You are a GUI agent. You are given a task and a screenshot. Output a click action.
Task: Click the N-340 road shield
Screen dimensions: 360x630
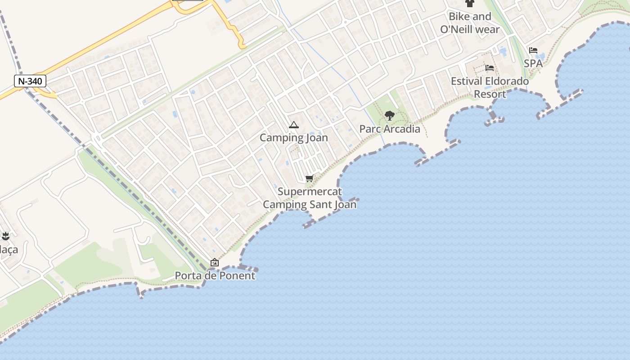pos(31,81)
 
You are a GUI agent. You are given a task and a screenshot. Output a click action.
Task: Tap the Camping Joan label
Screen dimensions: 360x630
pos(294,138)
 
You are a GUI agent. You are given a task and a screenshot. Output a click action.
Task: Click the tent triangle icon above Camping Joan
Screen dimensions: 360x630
pos(294,125)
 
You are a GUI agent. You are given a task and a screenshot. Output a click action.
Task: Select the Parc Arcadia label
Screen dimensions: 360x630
pos(390,129)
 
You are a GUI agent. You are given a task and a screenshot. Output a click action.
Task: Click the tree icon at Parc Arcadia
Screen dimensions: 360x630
pos(390,116)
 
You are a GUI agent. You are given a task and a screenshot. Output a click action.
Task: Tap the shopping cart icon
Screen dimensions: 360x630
pos(309,179)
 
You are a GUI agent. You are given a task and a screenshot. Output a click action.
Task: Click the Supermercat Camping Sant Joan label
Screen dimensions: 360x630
pos(310,198)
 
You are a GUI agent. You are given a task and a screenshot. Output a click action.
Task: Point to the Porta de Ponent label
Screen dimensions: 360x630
pos(215,275)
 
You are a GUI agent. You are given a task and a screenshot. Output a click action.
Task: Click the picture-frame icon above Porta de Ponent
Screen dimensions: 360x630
pos(215,262)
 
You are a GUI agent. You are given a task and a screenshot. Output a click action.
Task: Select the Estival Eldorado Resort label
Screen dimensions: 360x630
pos(490,88)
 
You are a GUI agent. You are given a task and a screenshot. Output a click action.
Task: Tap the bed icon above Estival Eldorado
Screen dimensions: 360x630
pos(490,68)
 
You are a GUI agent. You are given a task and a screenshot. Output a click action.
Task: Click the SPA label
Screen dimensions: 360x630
pos(533,63)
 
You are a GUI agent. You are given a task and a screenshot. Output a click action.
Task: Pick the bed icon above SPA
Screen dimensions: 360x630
pos(533,50)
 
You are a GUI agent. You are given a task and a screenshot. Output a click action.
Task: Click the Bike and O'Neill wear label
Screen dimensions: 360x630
pos(470,23)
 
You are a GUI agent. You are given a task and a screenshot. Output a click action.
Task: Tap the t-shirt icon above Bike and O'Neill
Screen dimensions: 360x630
pos(470,4)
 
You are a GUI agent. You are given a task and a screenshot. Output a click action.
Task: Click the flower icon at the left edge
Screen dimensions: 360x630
pos(5,235)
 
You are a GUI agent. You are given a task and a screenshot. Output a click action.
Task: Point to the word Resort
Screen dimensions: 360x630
pos(490,94)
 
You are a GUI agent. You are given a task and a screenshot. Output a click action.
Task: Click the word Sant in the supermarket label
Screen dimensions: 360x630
pos(324,205)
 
